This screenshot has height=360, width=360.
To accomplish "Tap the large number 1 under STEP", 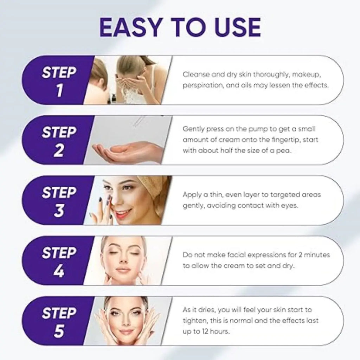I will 59,90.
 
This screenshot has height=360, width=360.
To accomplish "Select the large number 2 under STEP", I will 59,150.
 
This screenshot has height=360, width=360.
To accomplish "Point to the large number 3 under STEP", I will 59,211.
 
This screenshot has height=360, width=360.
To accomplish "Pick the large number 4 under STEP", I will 59,271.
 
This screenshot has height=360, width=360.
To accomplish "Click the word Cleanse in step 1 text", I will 195,74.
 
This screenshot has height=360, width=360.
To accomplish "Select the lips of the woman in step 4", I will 123,270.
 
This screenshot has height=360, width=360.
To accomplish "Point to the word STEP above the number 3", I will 59,193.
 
